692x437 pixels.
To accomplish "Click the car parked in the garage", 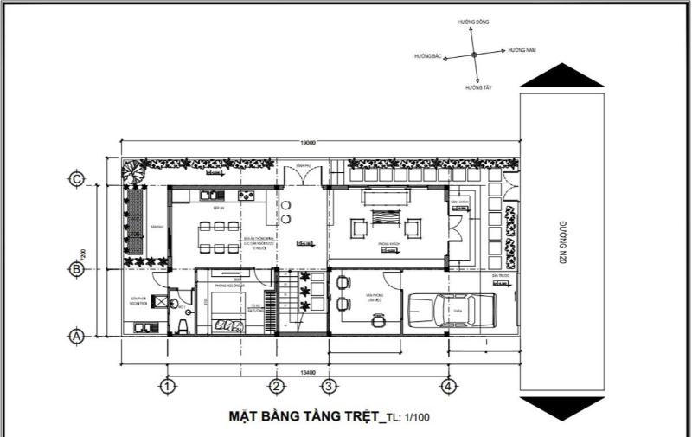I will point(449,309).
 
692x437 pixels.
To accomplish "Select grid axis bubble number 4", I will point(448,386).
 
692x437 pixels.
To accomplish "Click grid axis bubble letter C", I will point(77,179).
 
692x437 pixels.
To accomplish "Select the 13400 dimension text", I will point(307,372).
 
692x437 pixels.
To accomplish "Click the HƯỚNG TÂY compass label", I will point(475,87).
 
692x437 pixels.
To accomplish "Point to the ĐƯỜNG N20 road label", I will point(561,243).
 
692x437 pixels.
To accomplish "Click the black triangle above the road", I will point(561,76).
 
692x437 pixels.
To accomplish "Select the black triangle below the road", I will point(561,409).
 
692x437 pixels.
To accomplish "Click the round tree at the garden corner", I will point(132,171).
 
